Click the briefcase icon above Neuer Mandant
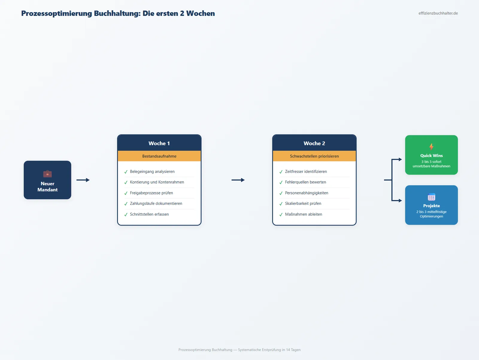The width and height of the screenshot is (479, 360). (x=47, y=174)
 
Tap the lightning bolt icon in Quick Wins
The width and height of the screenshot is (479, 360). (x=431, y=147)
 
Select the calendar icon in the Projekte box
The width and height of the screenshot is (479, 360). (x=431, y=197)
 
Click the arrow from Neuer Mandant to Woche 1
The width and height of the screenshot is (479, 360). (x=83, y=180)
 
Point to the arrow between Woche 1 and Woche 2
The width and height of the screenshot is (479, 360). (x=238, y=180)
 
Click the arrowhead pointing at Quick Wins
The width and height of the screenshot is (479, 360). (x=400, y=159)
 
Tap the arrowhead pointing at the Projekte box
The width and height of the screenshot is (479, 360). (x=400, y=200)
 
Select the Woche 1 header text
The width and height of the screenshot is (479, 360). (x=159, y=143)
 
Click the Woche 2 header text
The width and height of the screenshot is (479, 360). (x=314, y=143)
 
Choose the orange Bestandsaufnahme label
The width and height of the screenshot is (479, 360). (x=159, y=156)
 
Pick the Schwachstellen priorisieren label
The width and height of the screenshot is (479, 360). (x=314, y=156)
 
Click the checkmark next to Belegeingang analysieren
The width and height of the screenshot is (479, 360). (x=126, y=172)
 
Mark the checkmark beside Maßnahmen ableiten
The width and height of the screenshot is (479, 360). (x=281, y=215)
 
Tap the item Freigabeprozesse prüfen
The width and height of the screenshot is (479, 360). (x=151, y=193)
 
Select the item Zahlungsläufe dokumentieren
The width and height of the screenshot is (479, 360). (x=156, y=203)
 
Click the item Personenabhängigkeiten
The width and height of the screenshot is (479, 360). (x=306, y=193)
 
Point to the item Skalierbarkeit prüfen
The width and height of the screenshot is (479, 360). (x=303, y=203)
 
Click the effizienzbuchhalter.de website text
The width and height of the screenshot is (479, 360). (x=438, y=13)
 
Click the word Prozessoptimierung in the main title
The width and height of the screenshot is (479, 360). (x=57, y=13)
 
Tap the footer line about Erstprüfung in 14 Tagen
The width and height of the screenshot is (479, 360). (x=239, y=350)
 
